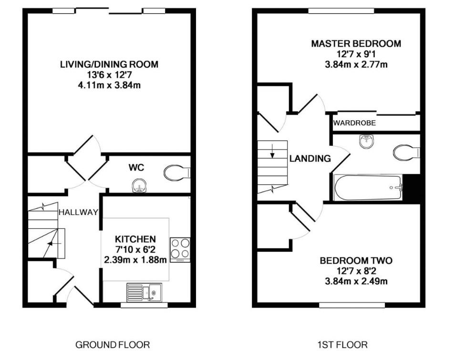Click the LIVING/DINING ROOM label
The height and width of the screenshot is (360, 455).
click(109, 64)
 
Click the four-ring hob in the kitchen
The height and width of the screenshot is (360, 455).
click(180, 248)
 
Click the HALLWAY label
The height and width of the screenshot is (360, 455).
click(78, 213)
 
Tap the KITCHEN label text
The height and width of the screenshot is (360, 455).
click(135, 239)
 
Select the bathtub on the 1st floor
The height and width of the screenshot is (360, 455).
click(368, 188)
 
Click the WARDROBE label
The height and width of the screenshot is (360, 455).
click(354, 123)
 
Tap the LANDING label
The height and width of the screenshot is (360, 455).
click(310, 159)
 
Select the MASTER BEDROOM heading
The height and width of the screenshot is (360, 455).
click(356, 43)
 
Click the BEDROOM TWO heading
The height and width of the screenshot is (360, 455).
click(356, 261)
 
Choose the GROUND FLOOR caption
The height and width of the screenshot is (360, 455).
click(113, 344)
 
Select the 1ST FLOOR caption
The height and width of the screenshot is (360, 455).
click(342, 344)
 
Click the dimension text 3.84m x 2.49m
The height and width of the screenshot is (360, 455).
click(356, 281)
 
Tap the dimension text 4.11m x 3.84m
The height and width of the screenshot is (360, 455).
click(109, 85)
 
